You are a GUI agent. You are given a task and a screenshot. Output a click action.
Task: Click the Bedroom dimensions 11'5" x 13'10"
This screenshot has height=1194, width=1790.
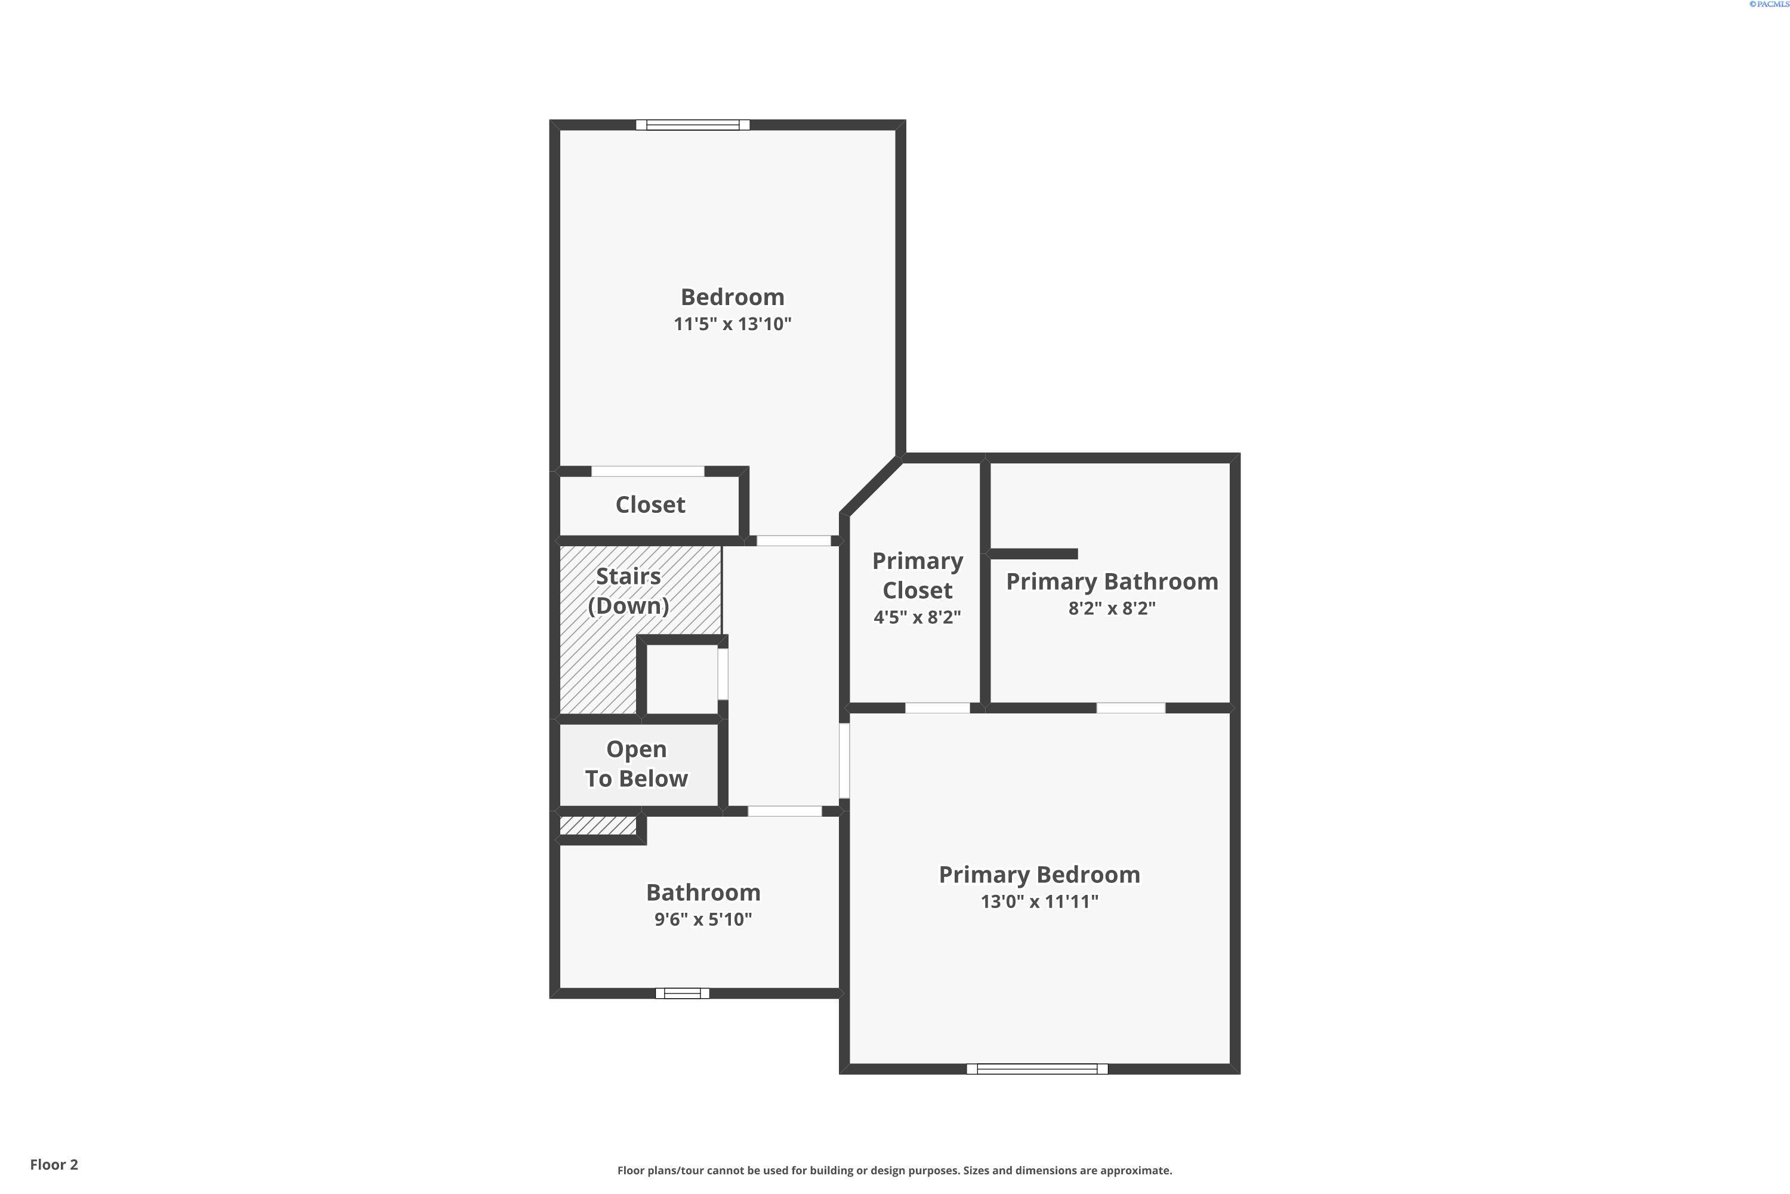pos(732,324)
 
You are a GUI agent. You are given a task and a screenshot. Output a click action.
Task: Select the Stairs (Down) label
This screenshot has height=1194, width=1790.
pos(629,591)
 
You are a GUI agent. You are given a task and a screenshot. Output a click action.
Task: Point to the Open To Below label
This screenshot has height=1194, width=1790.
pos(636,764)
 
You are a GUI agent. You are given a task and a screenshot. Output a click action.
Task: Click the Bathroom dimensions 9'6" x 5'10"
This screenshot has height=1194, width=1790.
pos(703,919)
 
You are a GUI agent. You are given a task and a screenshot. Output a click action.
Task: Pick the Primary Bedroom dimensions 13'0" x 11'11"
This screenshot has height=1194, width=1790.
pos(1039,901)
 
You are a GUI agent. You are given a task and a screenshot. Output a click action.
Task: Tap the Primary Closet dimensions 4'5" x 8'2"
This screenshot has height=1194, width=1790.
pos(917,617)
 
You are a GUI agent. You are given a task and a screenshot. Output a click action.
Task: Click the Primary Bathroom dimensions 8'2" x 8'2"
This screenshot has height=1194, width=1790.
pos(1112,608)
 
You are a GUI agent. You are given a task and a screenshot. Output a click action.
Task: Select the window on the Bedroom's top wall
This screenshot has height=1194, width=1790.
pos(693,125)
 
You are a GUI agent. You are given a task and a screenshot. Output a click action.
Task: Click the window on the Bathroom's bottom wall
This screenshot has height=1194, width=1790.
pos(683,993)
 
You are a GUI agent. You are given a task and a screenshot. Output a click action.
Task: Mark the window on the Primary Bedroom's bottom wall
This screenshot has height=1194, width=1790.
pos(1038,1069)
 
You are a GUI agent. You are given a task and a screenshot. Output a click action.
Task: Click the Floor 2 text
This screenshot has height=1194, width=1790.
pos(54,1164)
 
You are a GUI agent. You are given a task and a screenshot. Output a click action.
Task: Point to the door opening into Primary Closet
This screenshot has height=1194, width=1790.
pos(937,708)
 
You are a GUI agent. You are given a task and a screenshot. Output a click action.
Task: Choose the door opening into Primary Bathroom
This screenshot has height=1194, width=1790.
pos(1131,708)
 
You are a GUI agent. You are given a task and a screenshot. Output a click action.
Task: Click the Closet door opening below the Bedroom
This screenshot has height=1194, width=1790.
pos(647,472)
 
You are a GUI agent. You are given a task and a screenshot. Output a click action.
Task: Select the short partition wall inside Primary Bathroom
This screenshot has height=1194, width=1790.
pos(1033,553)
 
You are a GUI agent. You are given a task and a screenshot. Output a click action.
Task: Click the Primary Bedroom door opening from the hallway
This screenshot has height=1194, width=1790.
pos(844,761)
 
